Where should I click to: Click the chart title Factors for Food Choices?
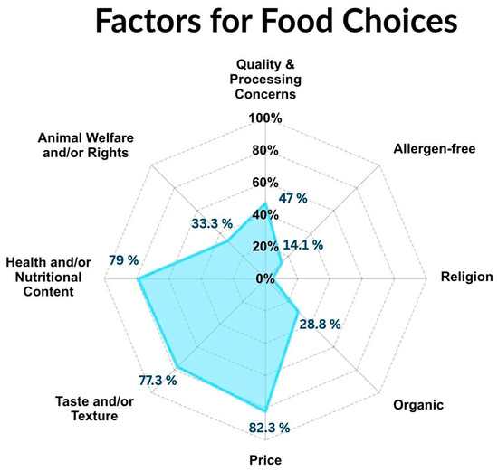pyautogui.click(x=276, y=21)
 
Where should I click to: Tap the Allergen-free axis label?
pyautogui.click(x=435, y=149)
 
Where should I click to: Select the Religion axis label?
pyautogui.click(x=467, y=277)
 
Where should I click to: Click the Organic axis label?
pyautogui.click(x=418, y=405)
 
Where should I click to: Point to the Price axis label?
pyautogui.click(x=265, y=460)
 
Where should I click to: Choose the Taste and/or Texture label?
pyautogui.click(x=94, y=409)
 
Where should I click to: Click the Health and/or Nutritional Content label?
pyautogui.click(x=48, y=277)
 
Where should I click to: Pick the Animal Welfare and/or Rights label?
pyautogui.click(x=85, y=146)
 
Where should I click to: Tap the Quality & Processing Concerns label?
pyautogui.click(x=265, y=80)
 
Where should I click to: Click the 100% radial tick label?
pyautogui.click(x=265, y=118)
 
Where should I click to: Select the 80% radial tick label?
pyautogui.click(x=265, y=150)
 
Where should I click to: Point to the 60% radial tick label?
pyautogui.click(x=265, y=183)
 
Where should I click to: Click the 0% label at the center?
pyautogui.click(x=265, y=278)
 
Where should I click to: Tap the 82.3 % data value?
pyautogui.click(x=269, y=428)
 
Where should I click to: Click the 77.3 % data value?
pyautogui.click(x=158, y=381)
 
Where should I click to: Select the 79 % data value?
pyautogui.click(x=124, y=260)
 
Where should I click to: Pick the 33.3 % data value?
pyautogui.click(x=212, y=223)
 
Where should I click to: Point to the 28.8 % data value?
pyautogui.click(x=321, y=325)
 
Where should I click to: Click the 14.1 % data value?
pyautogui.click(x=303, y=245)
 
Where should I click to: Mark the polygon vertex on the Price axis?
pyautogui.click(x=265, y=411)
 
